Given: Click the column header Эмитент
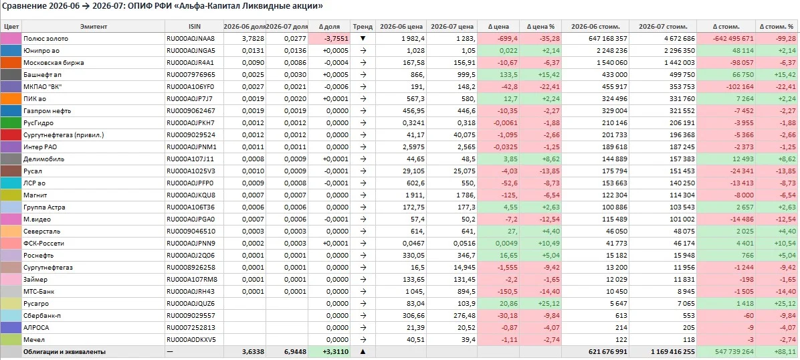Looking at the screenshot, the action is (94, 27).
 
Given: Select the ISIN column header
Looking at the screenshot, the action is (195, 27).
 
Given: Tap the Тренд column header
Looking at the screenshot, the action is (363, 27).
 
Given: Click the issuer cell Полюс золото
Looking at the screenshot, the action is (45, 38).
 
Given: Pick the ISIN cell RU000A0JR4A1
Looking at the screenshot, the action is (191, 63).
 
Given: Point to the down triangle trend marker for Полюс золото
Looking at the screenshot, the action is (363, 39).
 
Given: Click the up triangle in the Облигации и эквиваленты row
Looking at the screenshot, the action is (363, 352).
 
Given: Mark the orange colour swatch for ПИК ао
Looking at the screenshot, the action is (11, 98).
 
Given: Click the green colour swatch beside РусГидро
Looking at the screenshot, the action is (11, 123).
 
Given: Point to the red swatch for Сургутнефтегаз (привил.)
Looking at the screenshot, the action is (11, 134).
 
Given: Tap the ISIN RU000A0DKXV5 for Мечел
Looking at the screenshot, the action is (191, 339).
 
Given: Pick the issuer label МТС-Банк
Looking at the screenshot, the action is (39, 292).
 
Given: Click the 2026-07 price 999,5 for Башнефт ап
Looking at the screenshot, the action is (466, 74).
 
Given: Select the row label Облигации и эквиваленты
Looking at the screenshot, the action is (64, 352).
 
